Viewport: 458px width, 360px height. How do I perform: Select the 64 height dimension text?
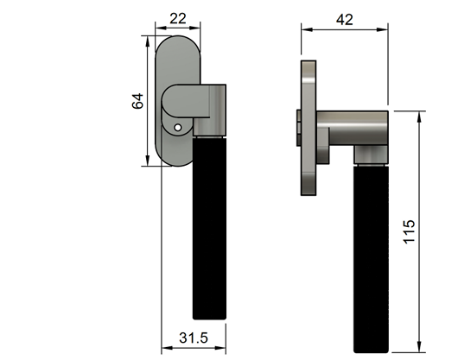click(x=137, y=101)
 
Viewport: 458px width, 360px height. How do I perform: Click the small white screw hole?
click(x=177, y=129)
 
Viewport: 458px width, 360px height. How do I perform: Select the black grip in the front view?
click(x=208, y=229)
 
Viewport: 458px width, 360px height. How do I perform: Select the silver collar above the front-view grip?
click(x=208, y=129)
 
